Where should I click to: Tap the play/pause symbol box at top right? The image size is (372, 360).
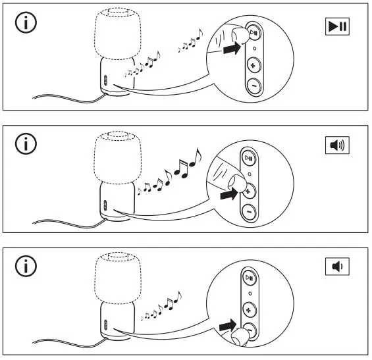point(337,26)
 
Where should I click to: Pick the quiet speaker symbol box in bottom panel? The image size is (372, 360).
point(337,267)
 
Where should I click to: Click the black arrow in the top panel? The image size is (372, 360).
point(230,50)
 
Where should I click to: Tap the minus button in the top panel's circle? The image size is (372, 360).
point(253,86)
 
